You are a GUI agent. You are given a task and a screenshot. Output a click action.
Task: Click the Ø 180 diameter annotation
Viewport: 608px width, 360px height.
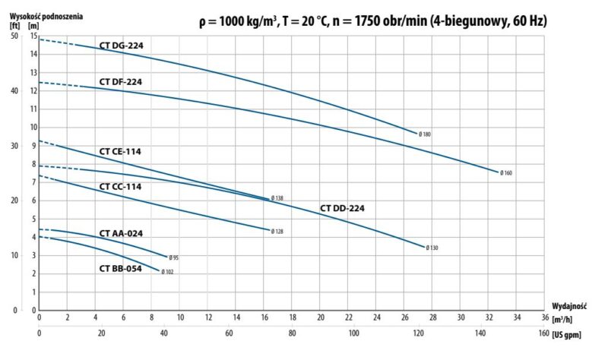pos(424,134)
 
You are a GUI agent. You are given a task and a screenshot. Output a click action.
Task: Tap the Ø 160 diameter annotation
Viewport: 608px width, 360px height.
pos(506,173)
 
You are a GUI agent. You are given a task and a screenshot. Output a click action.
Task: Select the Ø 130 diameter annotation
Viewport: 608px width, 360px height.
pos(432,248)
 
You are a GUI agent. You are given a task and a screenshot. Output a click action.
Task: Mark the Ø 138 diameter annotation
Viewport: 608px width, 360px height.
pos(277,198)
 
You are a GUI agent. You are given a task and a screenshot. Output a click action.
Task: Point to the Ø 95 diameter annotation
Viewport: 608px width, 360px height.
pos(173,258)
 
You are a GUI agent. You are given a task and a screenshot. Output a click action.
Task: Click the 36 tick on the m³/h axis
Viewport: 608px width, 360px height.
pos(545,317)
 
